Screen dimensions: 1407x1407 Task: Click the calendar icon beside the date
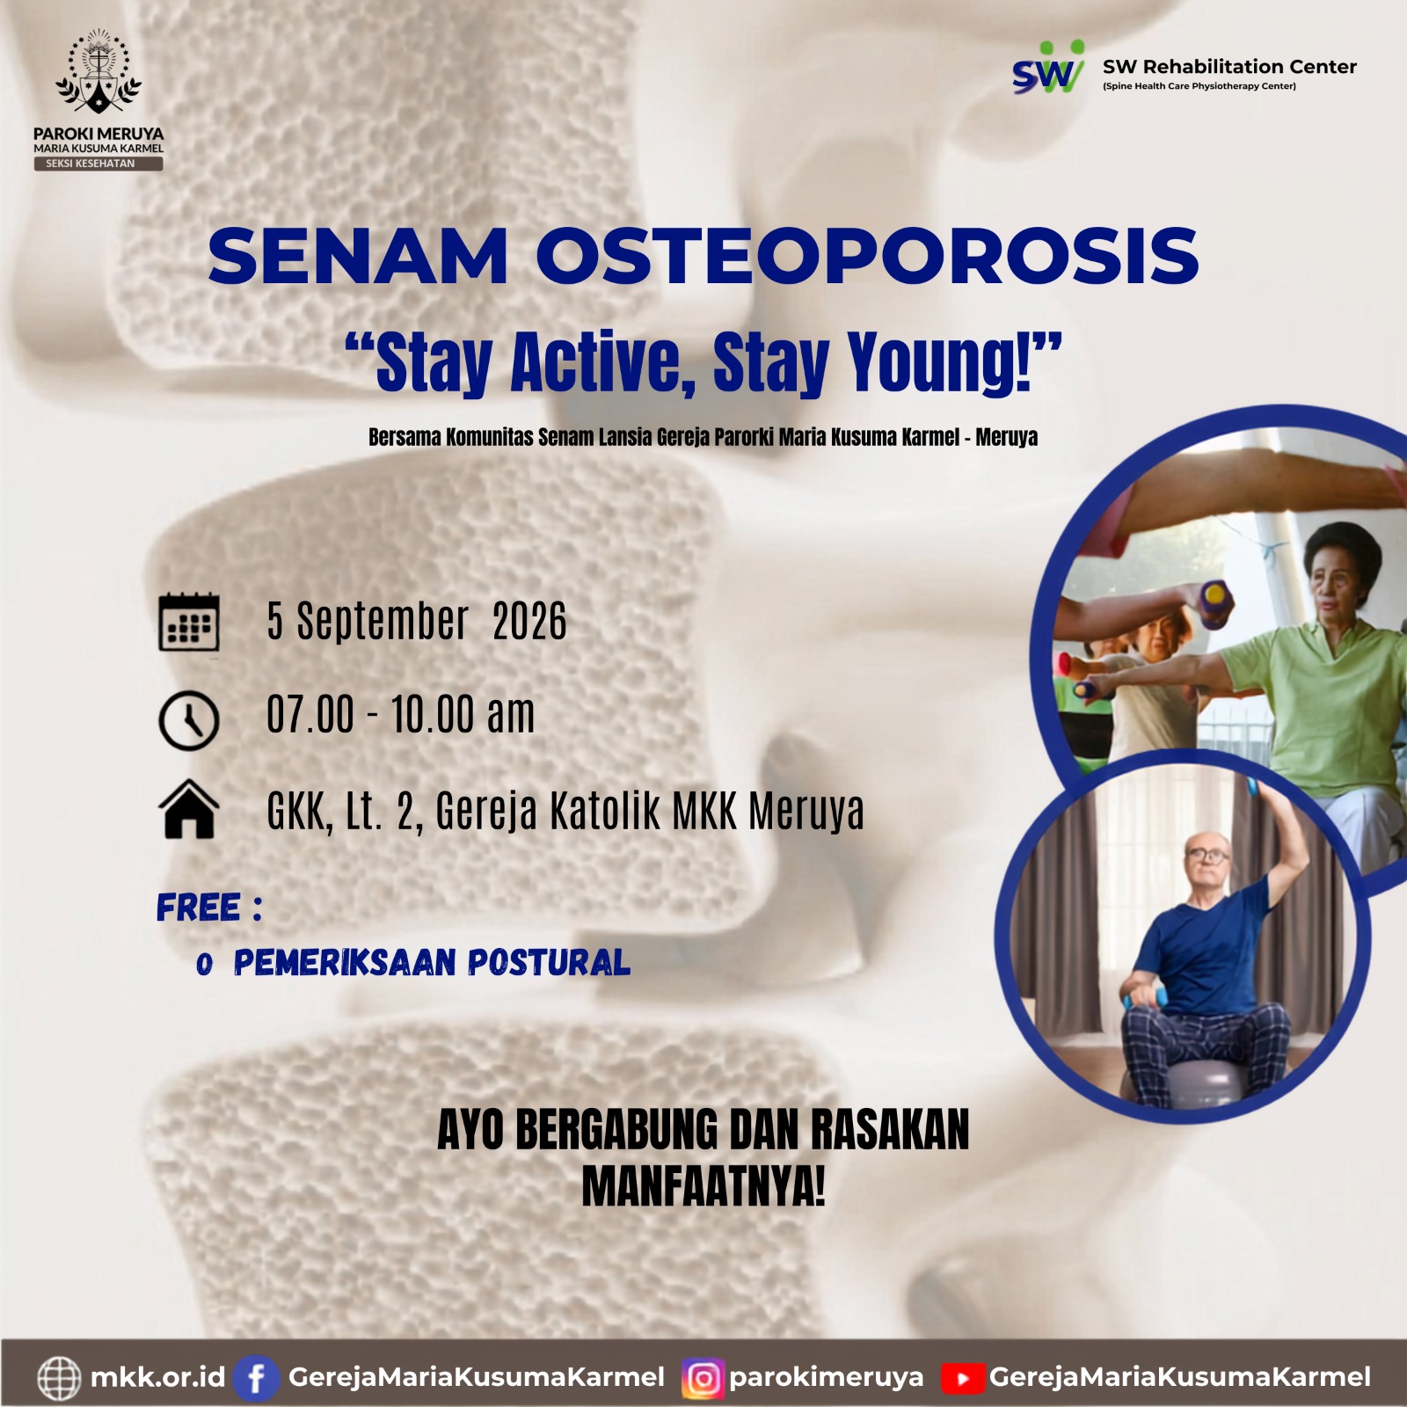coord(189,622)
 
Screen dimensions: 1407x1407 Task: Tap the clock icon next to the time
coord(188,720)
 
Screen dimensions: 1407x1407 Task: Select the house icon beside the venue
coord(189,809)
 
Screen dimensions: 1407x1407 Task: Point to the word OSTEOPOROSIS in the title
coord(867,256)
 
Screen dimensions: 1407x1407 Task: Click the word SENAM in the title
coord(358,256)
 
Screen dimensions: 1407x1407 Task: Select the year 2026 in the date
coord(529,622)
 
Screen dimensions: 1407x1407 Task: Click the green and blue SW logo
coord(1048,69)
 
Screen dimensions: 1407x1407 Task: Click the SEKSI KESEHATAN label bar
coord(98,164)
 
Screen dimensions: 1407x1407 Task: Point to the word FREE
coord(199,908)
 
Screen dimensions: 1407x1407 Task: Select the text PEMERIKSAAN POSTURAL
coord(432,963)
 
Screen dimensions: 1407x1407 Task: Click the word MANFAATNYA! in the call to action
coord(703,1186)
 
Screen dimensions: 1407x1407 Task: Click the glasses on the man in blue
coord(1208,854)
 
